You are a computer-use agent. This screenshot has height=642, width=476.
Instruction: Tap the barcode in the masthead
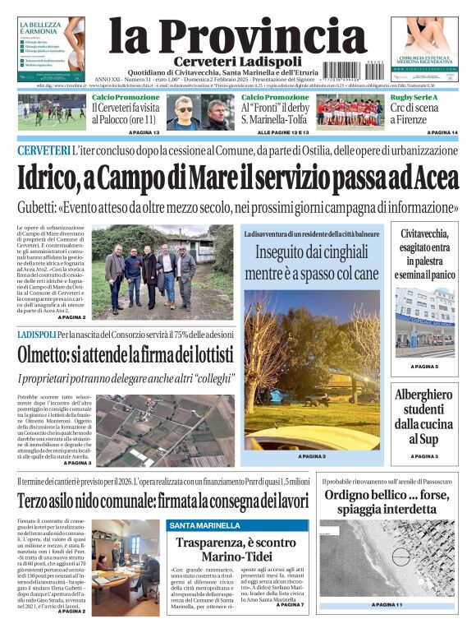364,70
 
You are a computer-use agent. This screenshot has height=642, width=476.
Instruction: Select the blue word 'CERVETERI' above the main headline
43,151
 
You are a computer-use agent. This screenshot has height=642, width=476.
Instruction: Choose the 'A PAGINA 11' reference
387,606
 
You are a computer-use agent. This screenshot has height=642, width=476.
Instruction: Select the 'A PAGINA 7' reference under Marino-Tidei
290,606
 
